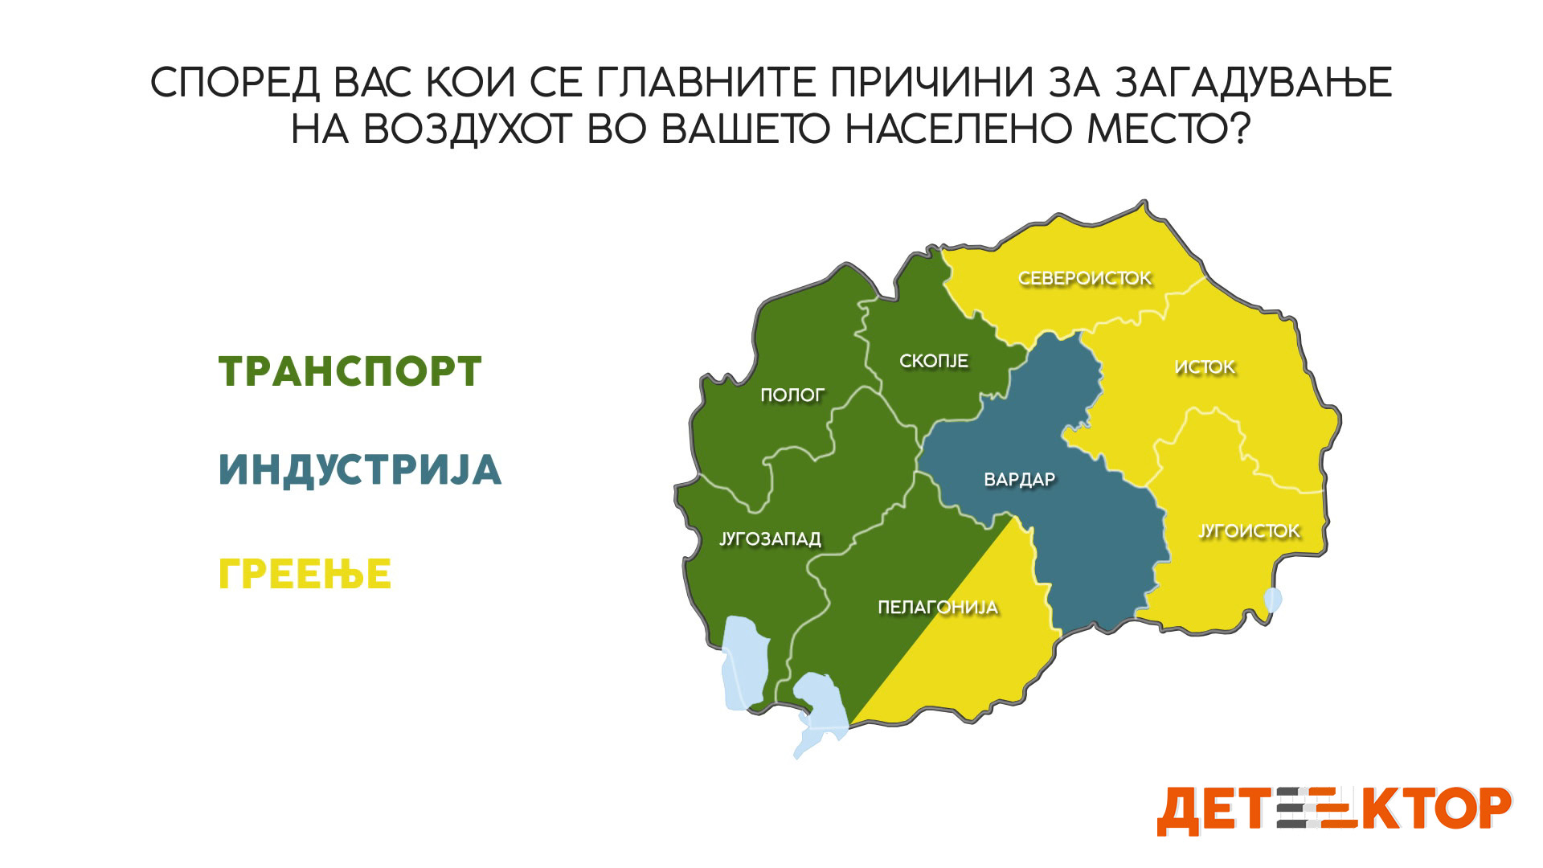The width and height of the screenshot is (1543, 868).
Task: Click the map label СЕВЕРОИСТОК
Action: point(1085,279)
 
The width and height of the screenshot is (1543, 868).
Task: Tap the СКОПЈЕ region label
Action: point(934,362)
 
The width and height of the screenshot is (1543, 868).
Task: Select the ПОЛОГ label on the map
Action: point(792,395)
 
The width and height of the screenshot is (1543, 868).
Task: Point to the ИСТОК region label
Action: point(1205,367)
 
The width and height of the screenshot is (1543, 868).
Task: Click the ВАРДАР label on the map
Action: point(1020,480)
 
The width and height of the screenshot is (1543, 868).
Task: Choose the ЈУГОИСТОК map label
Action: point(1249,531)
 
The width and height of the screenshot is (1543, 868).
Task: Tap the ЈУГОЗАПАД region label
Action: point(770,539)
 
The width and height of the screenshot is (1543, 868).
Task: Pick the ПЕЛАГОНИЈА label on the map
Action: point(938,608)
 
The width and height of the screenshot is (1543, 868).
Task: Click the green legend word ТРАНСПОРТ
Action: point(350,372)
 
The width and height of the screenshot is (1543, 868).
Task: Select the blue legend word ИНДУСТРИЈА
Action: point(360,470)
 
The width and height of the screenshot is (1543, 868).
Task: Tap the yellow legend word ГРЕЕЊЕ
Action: point(305,574)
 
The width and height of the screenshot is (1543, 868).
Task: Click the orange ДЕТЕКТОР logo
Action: point(1334,810)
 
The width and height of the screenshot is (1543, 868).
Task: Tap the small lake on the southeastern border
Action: point(1273,600)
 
